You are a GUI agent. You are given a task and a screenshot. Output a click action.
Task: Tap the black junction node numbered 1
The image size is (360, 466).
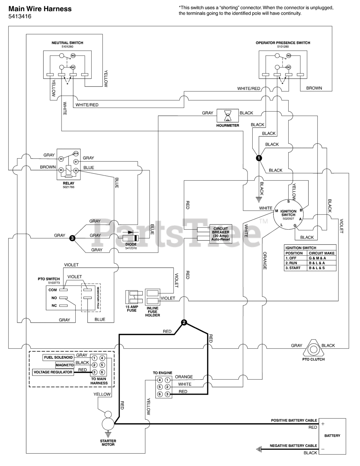click(259, 158)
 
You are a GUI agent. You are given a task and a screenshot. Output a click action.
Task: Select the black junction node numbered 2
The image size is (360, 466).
click(184, 322)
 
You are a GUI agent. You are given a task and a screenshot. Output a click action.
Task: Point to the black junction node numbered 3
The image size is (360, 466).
click(72, 238)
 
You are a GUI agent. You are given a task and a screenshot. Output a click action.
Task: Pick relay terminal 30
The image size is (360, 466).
click(61, 159)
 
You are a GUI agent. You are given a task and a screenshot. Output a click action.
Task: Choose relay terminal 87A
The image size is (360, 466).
click(76, 154)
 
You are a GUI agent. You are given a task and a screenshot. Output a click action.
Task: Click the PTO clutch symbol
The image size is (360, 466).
click(313, 349)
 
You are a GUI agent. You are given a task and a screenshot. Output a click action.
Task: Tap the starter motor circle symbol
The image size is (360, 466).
click(108, 424)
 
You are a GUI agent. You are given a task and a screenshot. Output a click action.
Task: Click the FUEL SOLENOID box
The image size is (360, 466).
click(59, 358)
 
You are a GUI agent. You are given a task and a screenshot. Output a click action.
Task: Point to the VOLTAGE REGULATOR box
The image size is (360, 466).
click(53, 372)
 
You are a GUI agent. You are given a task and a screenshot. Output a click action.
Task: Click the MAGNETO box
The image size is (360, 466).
click(65, 365)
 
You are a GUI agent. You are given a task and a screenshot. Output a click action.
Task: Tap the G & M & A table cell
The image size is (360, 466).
click(321, 258)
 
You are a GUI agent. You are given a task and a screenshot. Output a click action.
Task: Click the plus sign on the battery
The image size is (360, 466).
click(323, 424)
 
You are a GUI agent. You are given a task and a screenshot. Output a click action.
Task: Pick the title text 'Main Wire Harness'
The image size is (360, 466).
click(40, 9)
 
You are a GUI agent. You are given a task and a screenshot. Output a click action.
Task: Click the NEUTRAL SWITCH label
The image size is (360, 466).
click(67, 43)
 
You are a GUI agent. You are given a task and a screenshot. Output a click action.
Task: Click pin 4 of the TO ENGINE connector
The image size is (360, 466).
click(159, 380)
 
